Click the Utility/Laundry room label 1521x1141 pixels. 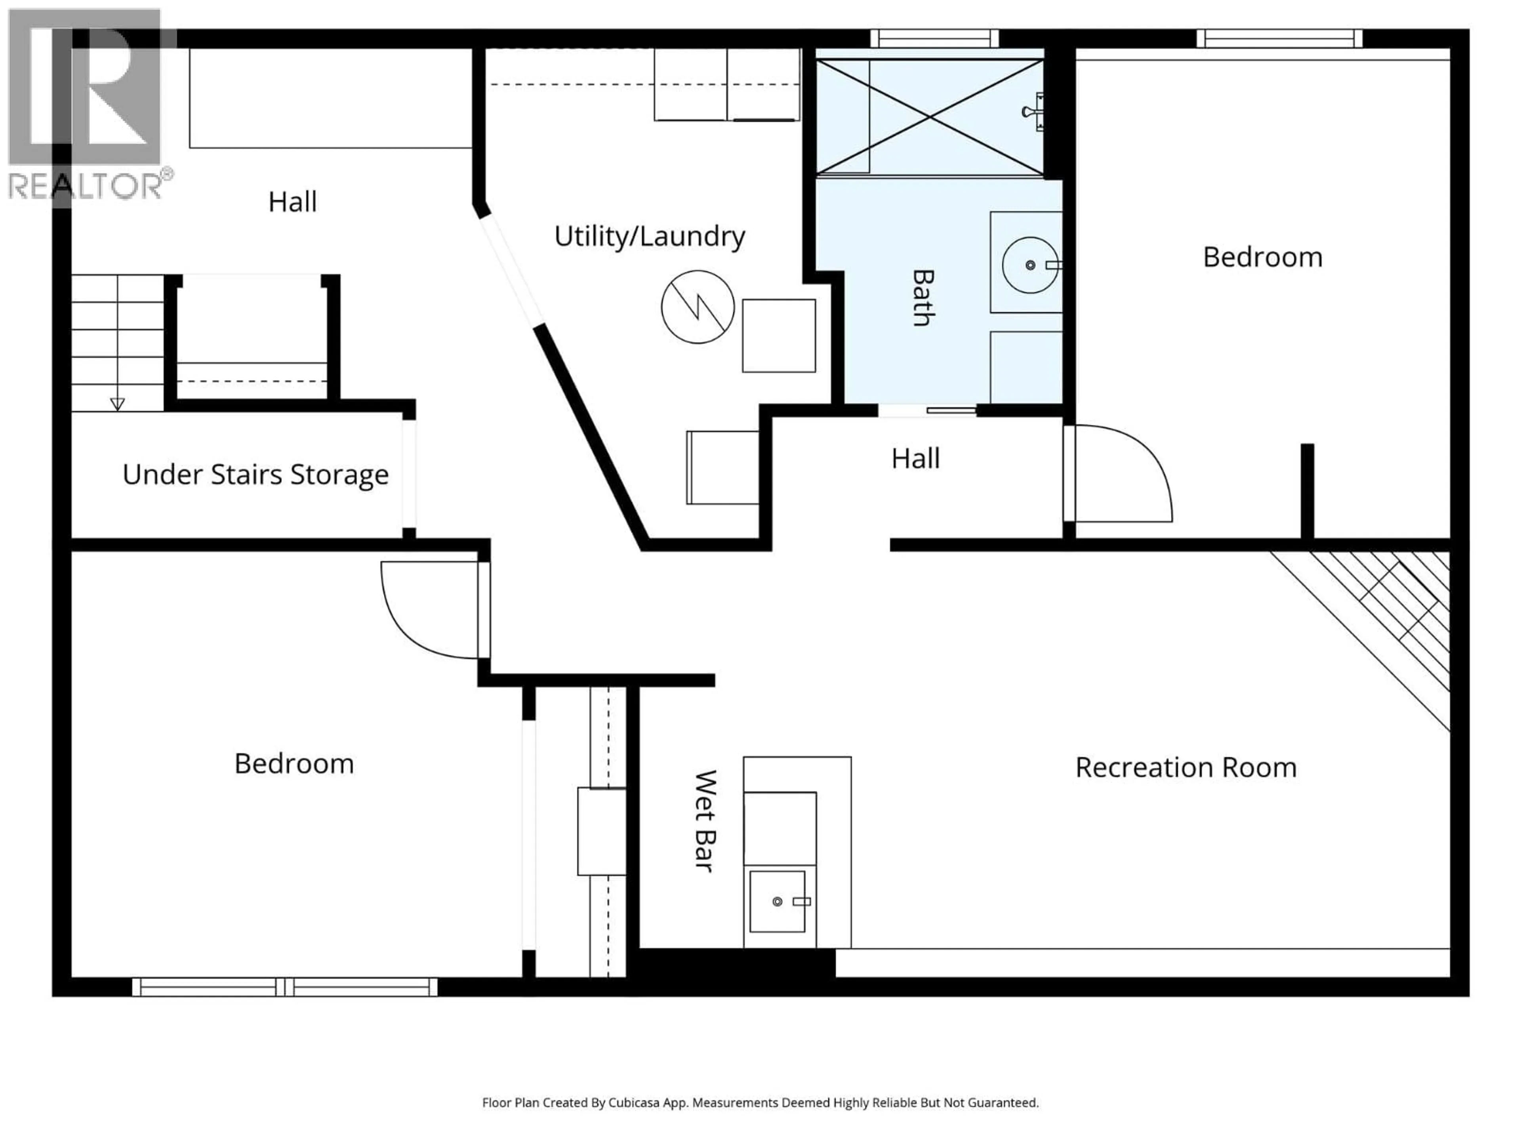pyautogui.click(x=649, y=237)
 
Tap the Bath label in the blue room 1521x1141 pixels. pyautogui.click(x=923, y=297)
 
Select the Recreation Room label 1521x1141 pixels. pyautogui.click(x=1186, y=767)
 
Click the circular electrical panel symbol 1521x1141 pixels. pyautogui.click(x=697, y=307)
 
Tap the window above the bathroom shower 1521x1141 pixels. pyautogui.click(x=934, y=38)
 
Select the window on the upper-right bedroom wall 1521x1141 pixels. pyautogui.click(x=1279, y=38)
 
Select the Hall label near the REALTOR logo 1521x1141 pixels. pyautogui.click(x=292, y=202)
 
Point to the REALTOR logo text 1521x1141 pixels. pyautogui.click(x=86, y=186)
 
